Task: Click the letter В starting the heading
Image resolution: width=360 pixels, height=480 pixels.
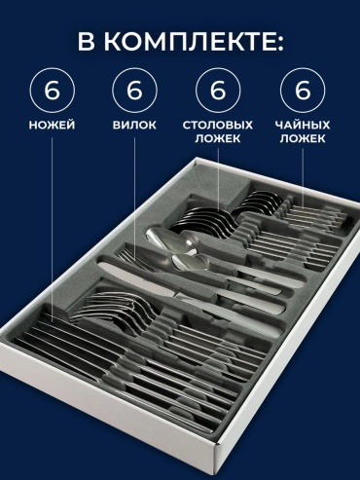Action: pos(86,42)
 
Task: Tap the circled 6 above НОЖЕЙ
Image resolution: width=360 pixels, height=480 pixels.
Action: pos(53,91)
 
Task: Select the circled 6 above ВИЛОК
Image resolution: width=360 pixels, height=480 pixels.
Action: pos(135,91)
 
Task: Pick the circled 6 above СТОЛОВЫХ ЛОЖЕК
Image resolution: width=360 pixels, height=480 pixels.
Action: pos(218,91)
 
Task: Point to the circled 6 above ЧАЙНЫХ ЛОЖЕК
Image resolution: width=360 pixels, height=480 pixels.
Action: pos(303,91)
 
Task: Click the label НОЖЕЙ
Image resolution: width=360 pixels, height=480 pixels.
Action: pos(52,125)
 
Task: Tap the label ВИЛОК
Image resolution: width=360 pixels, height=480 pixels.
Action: pos(134,126)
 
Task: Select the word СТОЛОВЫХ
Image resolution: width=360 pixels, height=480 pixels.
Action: pos(218,126)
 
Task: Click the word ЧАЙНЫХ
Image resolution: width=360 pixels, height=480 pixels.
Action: pos(303,125)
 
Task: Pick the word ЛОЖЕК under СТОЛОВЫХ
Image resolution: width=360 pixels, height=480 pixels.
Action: pos(218,138)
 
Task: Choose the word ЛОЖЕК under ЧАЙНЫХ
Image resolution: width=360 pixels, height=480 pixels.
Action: pos(303,138)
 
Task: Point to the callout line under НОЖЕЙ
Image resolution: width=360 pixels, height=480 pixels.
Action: pos(52,230)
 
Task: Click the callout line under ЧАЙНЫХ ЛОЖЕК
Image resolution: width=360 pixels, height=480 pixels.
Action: pos(303,178)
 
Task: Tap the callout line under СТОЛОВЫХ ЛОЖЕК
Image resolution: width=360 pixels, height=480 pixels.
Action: pos(218,179)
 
